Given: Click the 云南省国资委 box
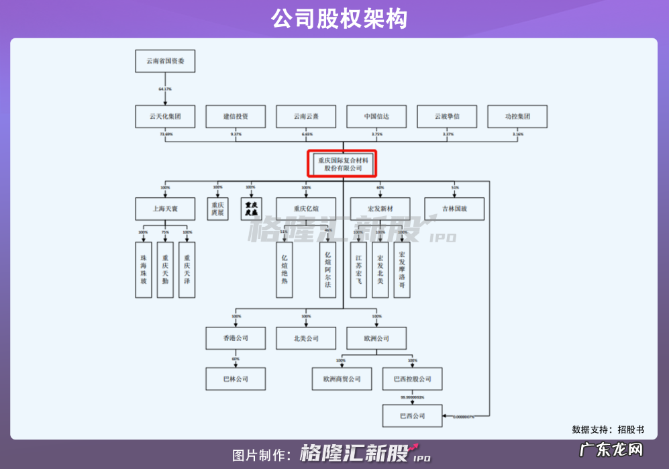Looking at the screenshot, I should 165,61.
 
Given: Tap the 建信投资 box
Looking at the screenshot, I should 236,116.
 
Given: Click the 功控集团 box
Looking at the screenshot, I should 517,116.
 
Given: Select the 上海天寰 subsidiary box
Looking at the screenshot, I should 165,209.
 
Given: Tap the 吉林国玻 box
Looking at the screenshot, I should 454,209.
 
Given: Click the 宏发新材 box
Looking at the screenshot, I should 380,209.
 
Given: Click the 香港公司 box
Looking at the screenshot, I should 236,338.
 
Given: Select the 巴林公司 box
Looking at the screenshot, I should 236,379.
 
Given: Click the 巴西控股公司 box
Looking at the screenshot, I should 413,379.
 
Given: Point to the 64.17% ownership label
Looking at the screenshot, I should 165,89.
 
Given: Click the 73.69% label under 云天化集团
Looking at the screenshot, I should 166,134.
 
